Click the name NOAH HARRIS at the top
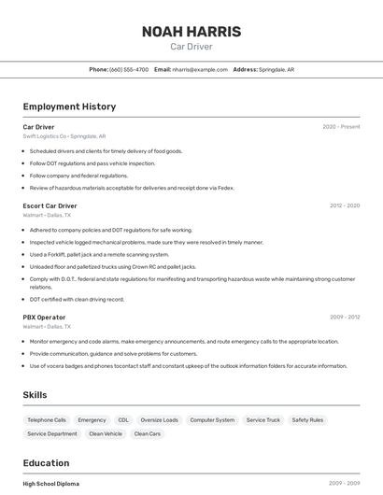(x=191, y=32)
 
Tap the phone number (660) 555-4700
(x=129, y=69)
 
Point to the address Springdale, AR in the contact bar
(x=276, y=69)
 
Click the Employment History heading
(x=69, y=106)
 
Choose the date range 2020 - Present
(x=341, y=126)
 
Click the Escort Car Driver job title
(x=50, y=205)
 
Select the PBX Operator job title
(x=44, y=317)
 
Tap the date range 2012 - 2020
(x=344, y=205)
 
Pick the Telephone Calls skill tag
(x=47, y=420)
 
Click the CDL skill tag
(x=123, y=420)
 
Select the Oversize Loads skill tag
(x=159, y=420)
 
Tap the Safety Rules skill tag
(x=307, y=420)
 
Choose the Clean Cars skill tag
(x=148, y=433)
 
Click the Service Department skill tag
(x=52, y=433)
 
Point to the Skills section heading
(x=35, y=395)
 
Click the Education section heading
(x=46, y=463)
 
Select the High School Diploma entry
(x=50, y=484)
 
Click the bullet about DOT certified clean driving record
(x=77, y=299)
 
